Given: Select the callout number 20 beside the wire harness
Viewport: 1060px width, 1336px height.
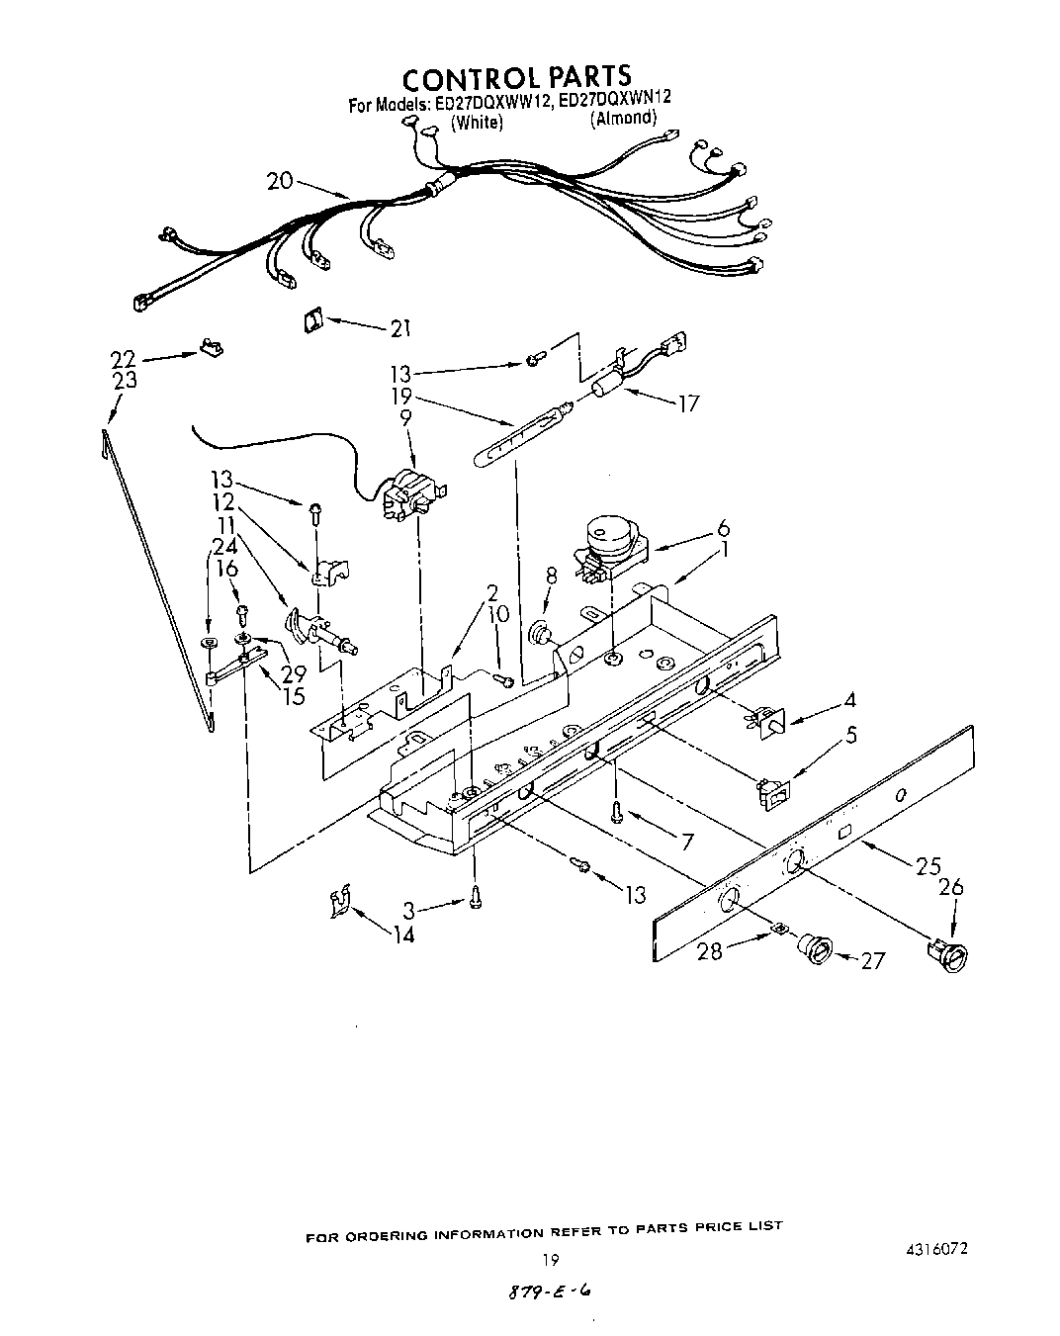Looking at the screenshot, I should pyautogui.click(x=281, y=180).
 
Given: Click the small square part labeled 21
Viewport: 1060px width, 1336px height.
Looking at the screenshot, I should pyautogui.click(x=313, y=318).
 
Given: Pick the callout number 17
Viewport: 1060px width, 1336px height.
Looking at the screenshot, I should pyautogui.click(x=687, y=403).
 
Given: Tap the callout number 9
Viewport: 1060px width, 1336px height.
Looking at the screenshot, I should pyautogui.click(x=404, y=418).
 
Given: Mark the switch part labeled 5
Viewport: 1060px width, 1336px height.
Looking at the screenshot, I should pyautogui.click(x=769, y=793).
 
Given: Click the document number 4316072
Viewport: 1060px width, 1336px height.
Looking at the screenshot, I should pyautogui.click(x=932, y=1248).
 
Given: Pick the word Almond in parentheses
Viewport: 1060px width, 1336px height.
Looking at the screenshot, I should pyautogui.click(x=623, y=119).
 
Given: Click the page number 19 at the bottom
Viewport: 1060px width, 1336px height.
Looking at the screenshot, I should pyautogui.click(x=552, y=1260).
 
